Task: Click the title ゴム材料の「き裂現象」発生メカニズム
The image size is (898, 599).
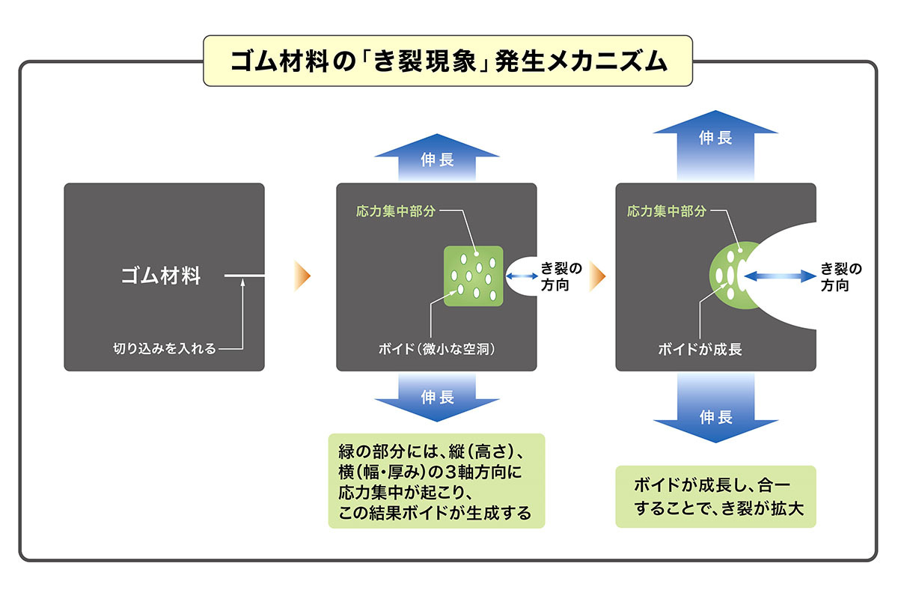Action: pos(448,61)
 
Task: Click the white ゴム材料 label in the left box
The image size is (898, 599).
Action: pos(161,276)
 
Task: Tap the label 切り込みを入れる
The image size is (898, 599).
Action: pos(165,348)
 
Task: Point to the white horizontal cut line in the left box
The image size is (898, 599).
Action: pos(244,276)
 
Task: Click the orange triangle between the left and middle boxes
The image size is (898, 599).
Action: pos(302,276)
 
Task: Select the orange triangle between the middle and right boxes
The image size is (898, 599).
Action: pos(597,276)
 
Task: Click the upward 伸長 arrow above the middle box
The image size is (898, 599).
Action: pos(437,158)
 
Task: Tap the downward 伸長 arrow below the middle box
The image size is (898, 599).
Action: pos(437,397)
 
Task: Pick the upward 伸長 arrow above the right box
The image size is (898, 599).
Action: pos(715,146)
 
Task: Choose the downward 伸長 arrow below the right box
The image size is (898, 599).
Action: pos(715,408)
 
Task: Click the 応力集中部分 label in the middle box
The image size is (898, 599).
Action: pos(396,211)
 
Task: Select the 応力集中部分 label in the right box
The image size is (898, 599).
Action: pos(667,211)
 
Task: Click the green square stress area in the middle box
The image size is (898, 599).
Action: pos(474,276)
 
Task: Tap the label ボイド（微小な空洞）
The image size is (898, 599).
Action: pos(437,349)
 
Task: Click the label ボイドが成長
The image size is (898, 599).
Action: pos(700,349)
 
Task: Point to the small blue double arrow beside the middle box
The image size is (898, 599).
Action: pos(522,276)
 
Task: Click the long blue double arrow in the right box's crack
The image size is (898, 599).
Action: pos(780,276)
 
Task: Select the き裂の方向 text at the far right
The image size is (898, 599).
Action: pos(841,276)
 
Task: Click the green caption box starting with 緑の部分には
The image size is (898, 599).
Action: pos(436,481)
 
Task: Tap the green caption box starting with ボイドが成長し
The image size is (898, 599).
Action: pos(715,496)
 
